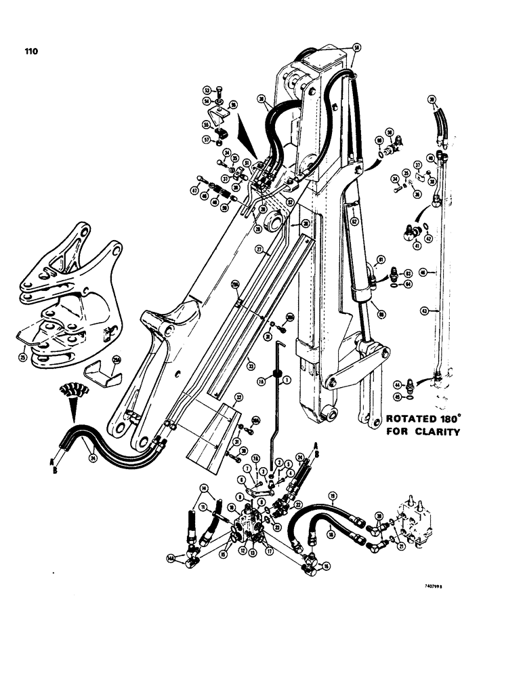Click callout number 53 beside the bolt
click(x=207, y=90)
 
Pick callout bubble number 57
click(x=207, y=140)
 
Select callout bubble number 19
click(x=333, y=496)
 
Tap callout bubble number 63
click(x=409, y=273)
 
